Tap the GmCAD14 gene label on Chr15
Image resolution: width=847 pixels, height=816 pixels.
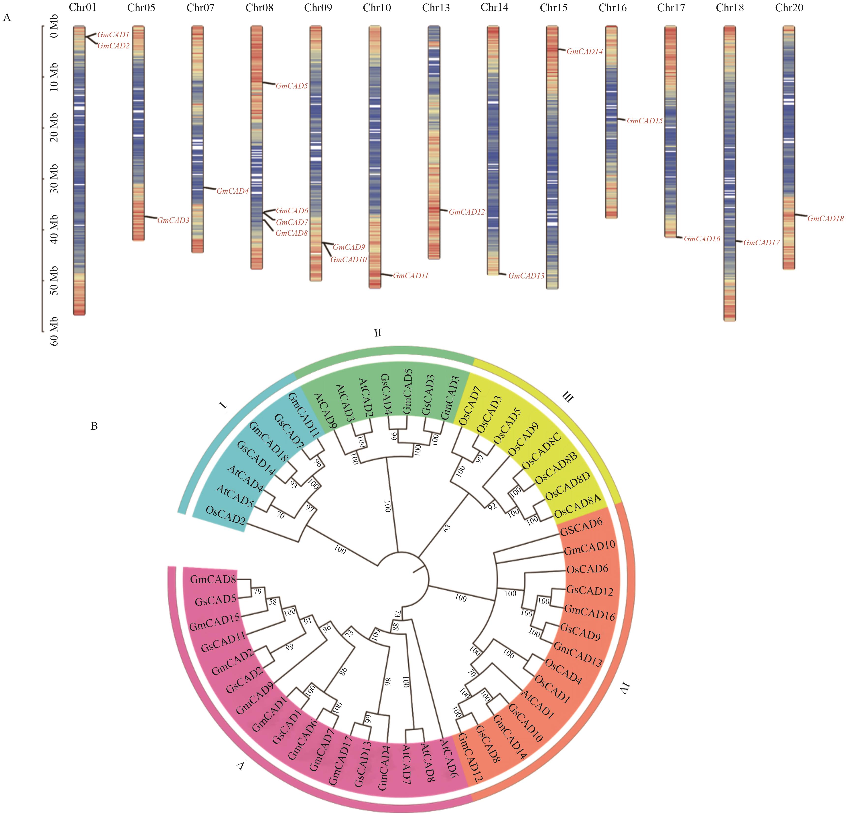tap(584, 51)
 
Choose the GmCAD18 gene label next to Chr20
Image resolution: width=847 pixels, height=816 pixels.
tap(825, 219)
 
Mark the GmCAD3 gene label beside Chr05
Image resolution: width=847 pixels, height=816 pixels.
tap(173, 220)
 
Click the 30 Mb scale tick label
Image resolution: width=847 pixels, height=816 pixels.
tap(54, 179)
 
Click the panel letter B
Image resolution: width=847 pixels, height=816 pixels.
tap(94, 426)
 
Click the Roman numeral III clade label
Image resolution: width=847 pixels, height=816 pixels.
tap(567, 396)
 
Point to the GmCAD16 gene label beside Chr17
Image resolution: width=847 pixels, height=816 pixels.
tap(701, 238)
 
